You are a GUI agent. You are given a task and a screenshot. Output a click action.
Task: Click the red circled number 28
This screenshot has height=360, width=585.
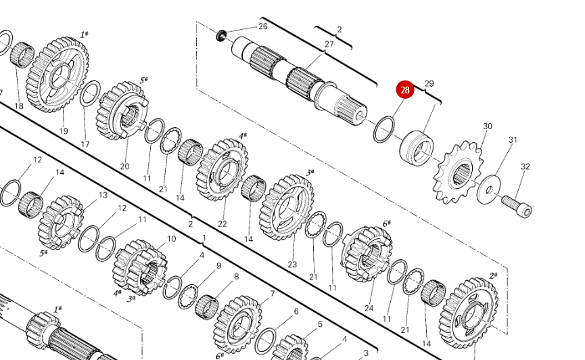point(405,90)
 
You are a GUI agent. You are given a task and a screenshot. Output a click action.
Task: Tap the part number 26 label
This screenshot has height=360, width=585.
point(262,26)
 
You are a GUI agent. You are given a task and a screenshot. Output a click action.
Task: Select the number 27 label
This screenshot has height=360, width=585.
point(329,44)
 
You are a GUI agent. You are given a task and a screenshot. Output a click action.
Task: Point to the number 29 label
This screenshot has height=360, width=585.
point(429,84)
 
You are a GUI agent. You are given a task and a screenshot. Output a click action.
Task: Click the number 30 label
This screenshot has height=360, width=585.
point(488,127)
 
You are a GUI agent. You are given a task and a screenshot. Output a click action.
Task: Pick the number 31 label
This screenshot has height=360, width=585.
point(513,140)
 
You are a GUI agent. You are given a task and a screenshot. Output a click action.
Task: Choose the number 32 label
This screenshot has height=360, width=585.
point(525,166)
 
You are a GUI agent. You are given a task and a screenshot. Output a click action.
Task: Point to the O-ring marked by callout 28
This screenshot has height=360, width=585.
point(384,129)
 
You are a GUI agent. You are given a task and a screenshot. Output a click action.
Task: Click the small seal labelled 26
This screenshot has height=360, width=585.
point(221,35)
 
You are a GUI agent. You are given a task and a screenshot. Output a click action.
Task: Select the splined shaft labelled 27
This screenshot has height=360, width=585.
point(298,78)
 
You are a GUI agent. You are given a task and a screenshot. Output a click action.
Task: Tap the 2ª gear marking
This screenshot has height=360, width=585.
point(493,275)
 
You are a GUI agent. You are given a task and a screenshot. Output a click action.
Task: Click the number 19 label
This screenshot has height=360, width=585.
point(64,131)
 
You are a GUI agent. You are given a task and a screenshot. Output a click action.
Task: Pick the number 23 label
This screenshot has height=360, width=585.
point(292,265)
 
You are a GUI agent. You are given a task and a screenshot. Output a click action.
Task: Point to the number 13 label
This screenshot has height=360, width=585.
point(103,195)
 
